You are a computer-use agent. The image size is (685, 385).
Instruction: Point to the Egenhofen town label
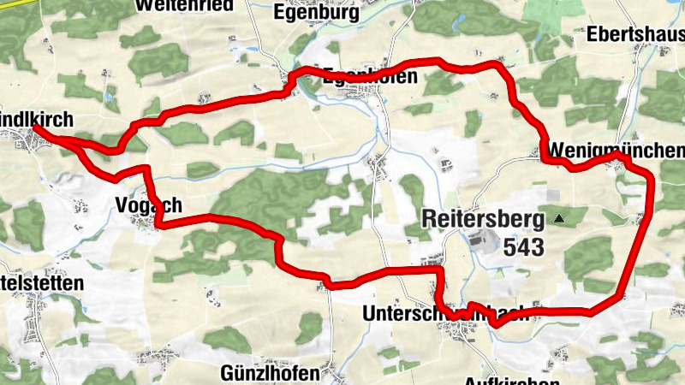pos(370,75)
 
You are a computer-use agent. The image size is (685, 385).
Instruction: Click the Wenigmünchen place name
pos(614,151)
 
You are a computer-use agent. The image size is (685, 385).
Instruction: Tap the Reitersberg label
pos(483,220)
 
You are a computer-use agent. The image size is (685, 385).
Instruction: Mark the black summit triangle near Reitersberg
pos(560,219)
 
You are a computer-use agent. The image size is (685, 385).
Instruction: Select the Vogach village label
pos(147,205)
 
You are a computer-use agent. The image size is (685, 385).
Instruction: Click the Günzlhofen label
pos(269,373)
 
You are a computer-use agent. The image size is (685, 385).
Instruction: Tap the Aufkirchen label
pos(511,380)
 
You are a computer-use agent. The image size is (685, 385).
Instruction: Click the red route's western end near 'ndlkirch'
pos(37,127)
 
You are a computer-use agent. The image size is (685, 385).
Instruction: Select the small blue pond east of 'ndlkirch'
pos(109,97)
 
